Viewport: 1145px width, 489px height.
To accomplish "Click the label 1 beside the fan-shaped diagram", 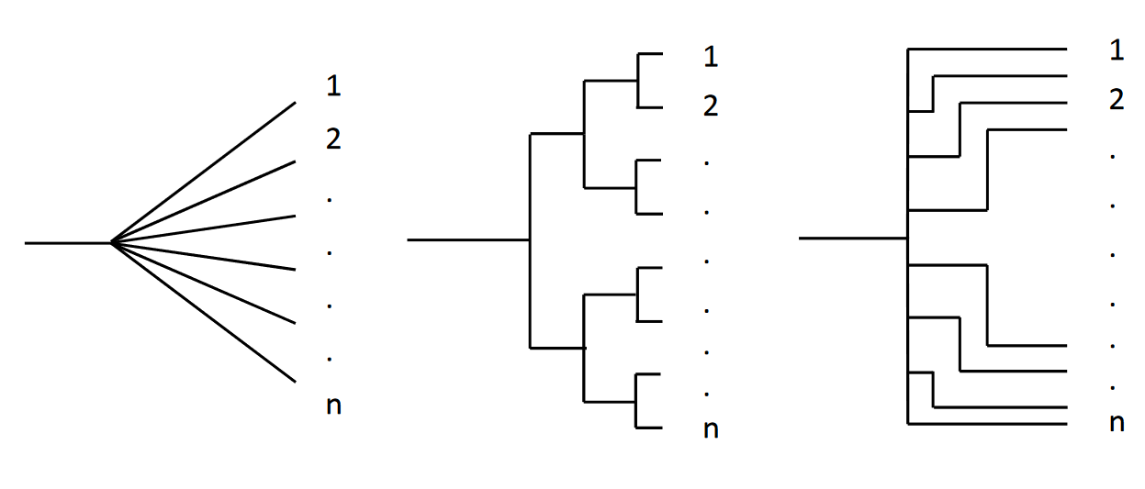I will pos(333,86).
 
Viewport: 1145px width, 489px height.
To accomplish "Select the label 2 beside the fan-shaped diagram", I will pos(333,139).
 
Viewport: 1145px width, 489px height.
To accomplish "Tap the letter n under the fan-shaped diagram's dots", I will pos(333,405).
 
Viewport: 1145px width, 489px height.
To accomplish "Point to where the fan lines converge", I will pos(111,243).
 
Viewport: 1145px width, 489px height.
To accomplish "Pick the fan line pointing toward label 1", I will pos(203,172).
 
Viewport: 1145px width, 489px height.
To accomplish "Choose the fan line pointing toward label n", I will pos(203,313).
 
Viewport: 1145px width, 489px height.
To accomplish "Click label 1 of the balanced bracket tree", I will pos(710,57).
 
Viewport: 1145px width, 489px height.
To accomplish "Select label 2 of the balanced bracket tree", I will pos(710,106).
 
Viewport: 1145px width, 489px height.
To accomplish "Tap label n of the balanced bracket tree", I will pos(710,429).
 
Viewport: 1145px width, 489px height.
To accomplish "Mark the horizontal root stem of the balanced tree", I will pos(468,239).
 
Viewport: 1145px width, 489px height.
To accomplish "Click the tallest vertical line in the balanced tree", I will pos(530,240).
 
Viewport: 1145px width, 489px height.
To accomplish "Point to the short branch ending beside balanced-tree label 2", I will pos(650,107).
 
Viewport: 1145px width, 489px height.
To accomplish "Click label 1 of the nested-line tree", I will pos(1117,50).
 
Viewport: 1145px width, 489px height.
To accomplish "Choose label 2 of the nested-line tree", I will pos(1117,99).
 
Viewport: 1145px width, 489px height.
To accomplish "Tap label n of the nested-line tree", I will pos(1117,423).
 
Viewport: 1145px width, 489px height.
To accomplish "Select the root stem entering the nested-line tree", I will pos(853,238).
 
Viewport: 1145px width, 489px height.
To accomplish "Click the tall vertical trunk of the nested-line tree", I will pos(907,275).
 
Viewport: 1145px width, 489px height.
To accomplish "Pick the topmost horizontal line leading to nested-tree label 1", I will pos(987,49).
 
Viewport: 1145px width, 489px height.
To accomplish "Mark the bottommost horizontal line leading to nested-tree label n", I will pos(987,424).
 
